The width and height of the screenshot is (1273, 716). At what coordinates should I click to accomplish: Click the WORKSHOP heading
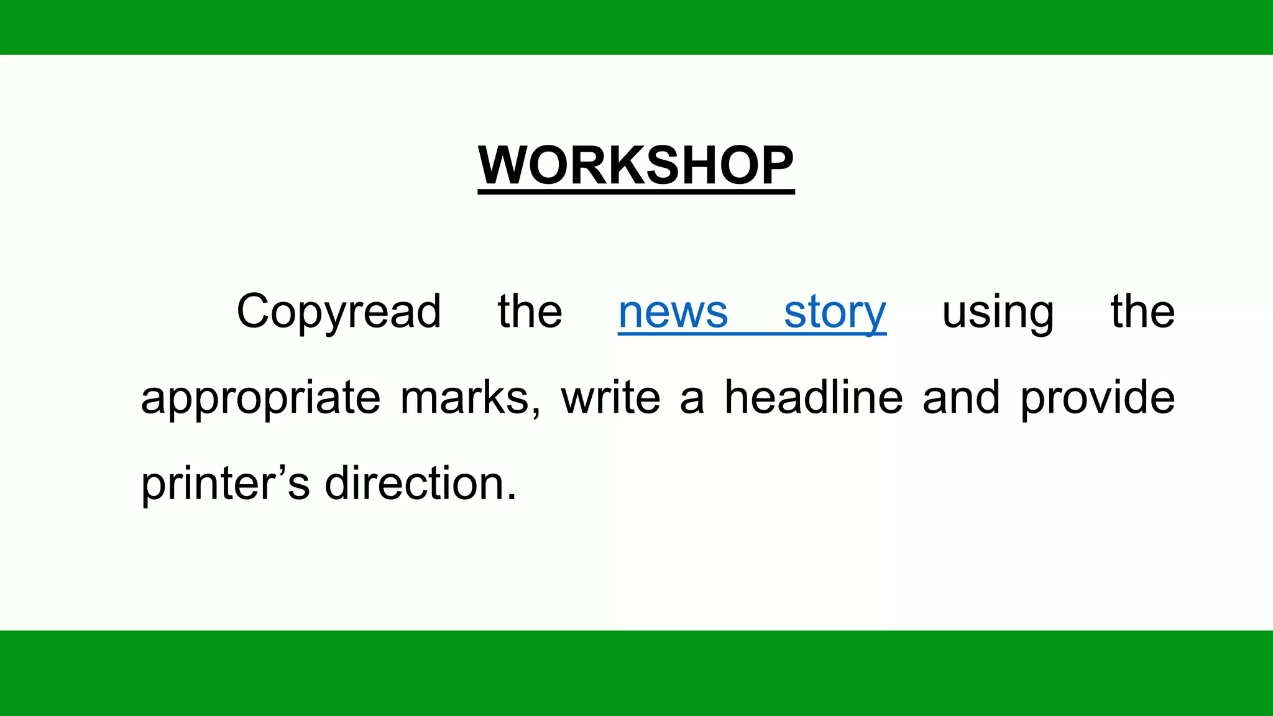click(636, 165)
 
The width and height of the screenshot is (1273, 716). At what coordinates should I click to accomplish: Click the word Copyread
click(339, 312)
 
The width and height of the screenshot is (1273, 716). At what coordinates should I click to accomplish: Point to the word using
click(998, 312)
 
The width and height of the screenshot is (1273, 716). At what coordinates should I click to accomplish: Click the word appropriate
click(260, 398)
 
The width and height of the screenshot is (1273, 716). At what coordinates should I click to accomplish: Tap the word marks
click(464, 398)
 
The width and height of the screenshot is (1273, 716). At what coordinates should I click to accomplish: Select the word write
click(610, 398)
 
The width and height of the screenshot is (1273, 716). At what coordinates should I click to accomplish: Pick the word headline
click(814, 398)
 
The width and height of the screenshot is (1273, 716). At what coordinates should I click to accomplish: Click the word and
click(961, 398)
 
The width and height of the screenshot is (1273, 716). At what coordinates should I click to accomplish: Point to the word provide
click(1098, 398)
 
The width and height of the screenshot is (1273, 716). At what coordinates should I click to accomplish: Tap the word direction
click(415, 484)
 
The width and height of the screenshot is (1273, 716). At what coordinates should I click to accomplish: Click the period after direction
click(512, 497)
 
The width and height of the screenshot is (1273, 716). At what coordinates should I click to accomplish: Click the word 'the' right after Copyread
click(530, 312)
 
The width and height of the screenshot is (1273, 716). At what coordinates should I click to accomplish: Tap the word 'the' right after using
click(1142, 312)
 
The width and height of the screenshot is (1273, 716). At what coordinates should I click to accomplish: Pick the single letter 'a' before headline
click(692, 401)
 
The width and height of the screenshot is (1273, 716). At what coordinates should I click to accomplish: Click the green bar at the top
click(636, 27)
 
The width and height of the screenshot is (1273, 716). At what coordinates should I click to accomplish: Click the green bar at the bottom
click(636, 673)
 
